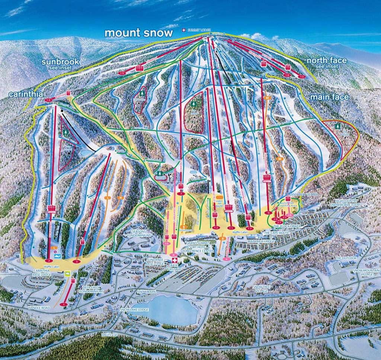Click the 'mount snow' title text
[x=138, y=33]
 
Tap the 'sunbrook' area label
[x=60, y=62]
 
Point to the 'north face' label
[x=327, y=60]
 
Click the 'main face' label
[x=329, y=97]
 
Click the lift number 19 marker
[x=122, y=73]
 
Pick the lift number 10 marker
[x=301, y=77]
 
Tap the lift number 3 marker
[x=77, y=261]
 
